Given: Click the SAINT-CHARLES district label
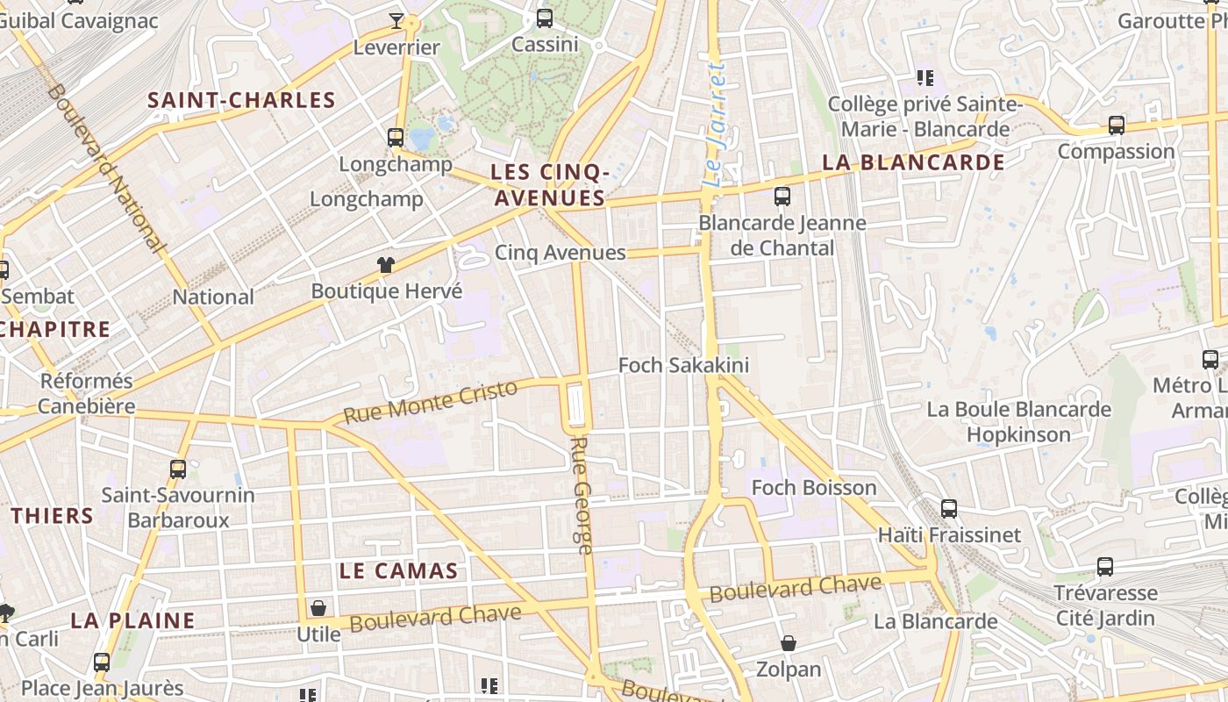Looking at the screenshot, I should point(241,100).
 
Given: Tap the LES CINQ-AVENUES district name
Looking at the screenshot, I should point(549,185).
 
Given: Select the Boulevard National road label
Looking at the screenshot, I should point(108,168).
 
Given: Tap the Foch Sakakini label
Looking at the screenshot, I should point(683,365).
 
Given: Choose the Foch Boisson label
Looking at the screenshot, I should point(814,488).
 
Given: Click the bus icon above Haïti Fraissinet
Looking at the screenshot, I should point(948,508).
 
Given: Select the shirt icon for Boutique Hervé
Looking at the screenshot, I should point(386,264).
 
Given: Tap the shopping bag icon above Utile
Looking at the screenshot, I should point(318,608).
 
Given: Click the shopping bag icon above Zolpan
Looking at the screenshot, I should point(789,644).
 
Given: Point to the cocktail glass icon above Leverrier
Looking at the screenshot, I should point(396,20).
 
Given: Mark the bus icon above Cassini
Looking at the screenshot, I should point(545,18).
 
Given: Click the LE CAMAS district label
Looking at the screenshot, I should point(398,571).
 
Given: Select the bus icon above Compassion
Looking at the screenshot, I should point(1116,125).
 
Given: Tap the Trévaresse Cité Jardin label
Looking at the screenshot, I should point(1105,605).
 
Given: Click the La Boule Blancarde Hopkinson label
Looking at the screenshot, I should point(1018,422).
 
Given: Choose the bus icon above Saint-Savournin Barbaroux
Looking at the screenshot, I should point(178,469).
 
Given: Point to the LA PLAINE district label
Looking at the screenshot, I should point(132,620).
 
